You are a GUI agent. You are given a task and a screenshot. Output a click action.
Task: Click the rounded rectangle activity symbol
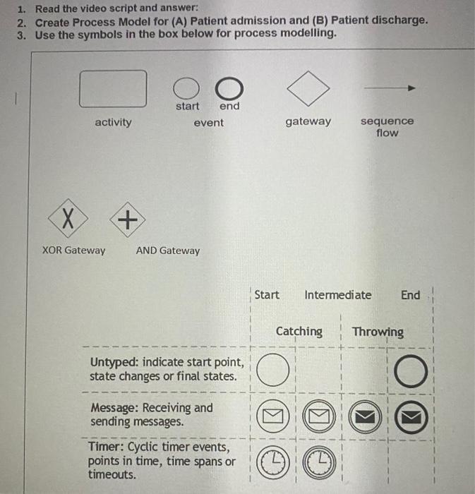113,88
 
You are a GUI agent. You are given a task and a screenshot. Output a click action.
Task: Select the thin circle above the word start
186,88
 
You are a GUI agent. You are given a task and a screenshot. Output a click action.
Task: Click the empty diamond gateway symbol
308,88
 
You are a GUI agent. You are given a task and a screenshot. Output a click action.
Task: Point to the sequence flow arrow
389,88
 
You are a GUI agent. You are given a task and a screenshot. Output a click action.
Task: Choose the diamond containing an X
68,220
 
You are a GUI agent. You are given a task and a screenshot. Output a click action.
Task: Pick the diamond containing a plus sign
127,220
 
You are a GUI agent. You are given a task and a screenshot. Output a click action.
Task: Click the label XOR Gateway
73,250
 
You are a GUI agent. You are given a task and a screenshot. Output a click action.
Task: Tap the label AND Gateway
167,251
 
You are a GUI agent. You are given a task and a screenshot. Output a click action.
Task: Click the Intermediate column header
337,295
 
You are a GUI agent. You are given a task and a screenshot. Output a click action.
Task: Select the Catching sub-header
299,331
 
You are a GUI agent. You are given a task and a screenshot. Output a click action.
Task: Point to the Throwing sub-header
378,332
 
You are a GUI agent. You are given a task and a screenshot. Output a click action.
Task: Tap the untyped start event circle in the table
272,370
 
